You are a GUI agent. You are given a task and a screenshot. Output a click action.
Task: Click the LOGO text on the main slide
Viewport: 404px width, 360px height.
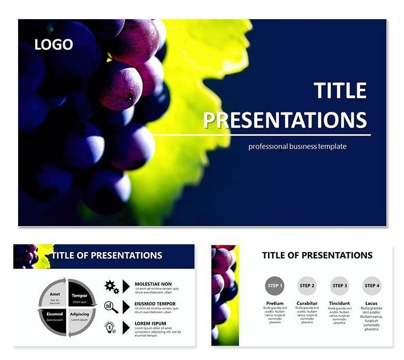[x=54, y=45]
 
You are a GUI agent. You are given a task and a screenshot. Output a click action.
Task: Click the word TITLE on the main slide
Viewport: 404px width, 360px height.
[x=340, y=91]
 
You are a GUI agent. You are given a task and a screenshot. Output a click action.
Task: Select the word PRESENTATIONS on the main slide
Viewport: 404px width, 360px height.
[x=285, y=121]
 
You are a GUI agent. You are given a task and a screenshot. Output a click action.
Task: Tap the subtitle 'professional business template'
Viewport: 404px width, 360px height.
[x=297, y=146]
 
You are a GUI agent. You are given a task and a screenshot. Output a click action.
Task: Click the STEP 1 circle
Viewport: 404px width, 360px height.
[x=274, y=286]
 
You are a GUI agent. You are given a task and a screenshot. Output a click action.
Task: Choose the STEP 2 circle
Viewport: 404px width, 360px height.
[x=307, y=286]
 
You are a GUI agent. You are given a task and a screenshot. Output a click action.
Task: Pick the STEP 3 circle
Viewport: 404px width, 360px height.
[x=339, y=286]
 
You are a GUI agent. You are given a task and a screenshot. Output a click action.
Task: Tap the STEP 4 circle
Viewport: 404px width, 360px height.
[x=372, y=286]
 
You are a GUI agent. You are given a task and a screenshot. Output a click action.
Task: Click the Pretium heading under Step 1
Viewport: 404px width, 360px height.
[x=274, y=303]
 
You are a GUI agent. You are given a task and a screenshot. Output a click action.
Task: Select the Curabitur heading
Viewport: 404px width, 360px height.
[x=307, y=303]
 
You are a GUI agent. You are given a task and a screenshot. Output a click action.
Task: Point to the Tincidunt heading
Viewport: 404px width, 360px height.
[x=339, y=303]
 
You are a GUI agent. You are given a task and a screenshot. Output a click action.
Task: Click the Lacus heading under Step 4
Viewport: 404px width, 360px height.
[x=372, y=303]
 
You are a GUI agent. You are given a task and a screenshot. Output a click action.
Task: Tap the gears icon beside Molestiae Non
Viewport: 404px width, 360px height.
[x=112, y=287]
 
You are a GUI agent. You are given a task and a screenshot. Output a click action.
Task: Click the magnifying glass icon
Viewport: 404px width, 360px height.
[x=112, y=306]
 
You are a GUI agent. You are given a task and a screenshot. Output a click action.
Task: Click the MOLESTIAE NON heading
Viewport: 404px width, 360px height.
[x=154, y=284]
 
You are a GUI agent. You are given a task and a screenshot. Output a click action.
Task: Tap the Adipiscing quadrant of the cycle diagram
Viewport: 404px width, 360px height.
[x=80, y=316]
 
